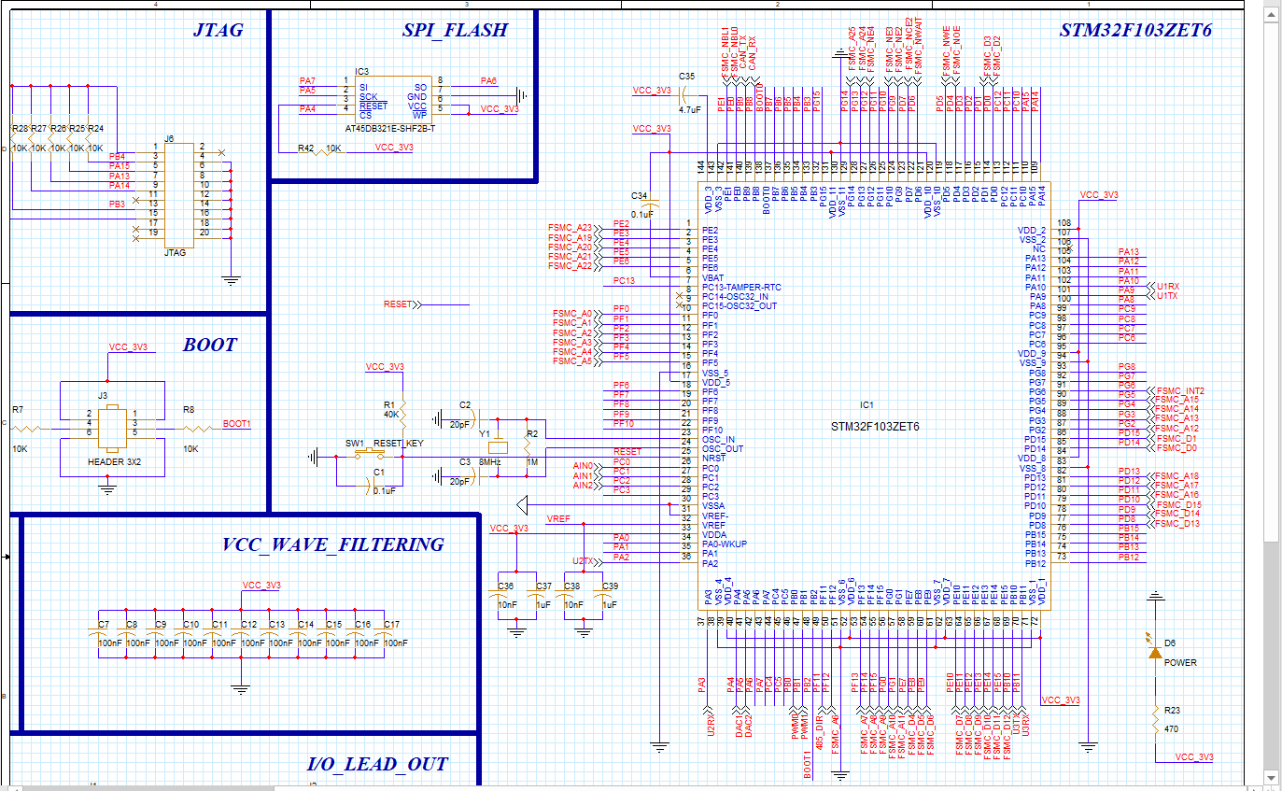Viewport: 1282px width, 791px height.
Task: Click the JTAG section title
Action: (218, 30)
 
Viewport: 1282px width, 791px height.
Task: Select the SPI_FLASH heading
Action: (455, 30)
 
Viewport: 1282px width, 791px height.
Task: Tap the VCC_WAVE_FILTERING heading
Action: (333, 544)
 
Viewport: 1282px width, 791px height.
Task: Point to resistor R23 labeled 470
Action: (1156, 720)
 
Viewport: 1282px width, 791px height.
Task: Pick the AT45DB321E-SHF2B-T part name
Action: (390, 128)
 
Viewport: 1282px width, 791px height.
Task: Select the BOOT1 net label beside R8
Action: (236, 423)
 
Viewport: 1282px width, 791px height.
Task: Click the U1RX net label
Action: (1167, 287)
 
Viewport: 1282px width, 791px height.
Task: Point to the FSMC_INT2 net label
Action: (1180, 390)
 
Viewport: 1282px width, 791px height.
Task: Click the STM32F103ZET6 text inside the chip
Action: (875, 426)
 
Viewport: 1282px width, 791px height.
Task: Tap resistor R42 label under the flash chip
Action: (305, 148)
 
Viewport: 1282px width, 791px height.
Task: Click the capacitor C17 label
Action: (391, 624)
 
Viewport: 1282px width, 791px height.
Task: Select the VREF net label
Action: (557, 518)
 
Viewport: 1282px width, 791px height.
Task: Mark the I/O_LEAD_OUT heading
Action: (377, 764)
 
